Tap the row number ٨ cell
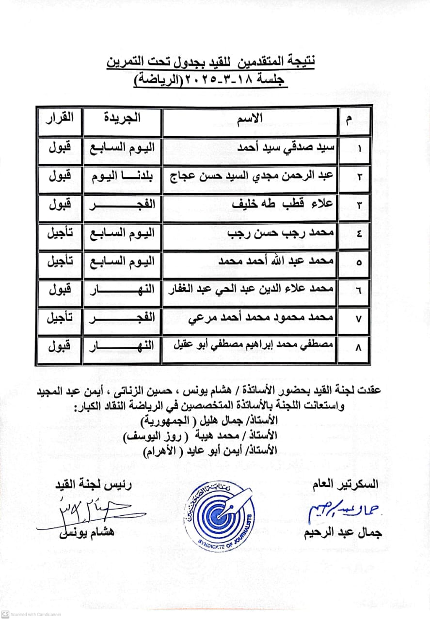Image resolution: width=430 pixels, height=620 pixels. coord(359,348)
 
